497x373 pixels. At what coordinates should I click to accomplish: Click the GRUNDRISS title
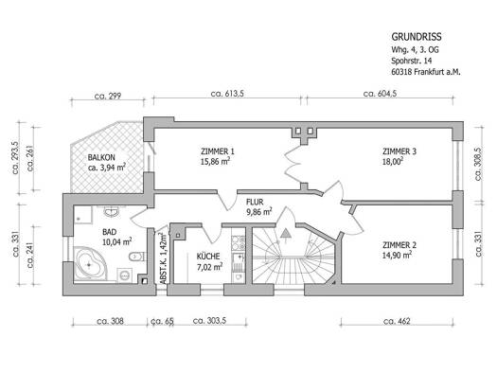point(417,37)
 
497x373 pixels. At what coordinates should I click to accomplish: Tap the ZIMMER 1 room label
point(218,151)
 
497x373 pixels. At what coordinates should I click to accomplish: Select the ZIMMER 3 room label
point(399,151)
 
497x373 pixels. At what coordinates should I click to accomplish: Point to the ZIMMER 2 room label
point(399,245)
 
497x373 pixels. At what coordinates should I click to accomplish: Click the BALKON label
point(101,157)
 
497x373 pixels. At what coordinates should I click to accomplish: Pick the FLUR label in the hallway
point(255,202)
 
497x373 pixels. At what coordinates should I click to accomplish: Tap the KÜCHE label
point(208,256)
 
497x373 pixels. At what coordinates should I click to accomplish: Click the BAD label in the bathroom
point(110,232)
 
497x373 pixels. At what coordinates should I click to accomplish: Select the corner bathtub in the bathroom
point(90,264)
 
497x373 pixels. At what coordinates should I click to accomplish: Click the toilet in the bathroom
point(137,256)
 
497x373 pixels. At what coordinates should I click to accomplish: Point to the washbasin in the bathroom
point(112,211)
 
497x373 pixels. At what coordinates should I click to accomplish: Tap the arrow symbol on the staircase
point(286,235)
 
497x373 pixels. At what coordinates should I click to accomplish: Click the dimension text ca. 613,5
point(227,94)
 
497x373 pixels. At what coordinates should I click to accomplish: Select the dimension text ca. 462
point(397,321)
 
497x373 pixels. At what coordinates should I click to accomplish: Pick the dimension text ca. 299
point(108,96)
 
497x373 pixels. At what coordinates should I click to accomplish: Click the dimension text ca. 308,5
point(478,164)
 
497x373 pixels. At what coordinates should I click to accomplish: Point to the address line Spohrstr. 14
point(411,61)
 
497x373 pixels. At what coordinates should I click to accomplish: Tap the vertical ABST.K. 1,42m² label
point(163,258)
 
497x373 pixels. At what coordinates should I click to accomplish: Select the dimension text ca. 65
point(163,321)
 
